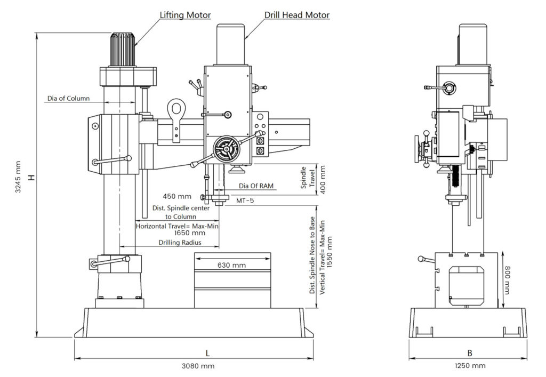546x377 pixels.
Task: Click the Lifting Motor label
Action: click(x=185, y=15)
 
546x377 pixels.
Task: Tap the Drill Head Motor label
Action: click(x=297, y=15)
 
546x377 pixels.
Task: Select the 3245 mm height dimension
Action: click(x=18, y=177)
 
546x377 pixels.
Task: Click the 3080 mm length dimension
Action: click(x=198, y=366)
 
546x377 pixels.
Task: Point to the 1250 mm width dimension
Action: click(x=470, y=365)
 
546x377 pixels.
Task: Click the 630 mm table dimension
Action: click(x=231, y=265)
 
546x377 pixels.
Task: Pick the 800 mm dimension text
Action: click(x=507, y=280)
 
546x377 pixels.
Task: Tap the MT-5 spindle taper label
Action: click(x=245, y=200)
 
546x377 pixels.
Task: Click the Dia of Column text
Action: click(x=69, y=98)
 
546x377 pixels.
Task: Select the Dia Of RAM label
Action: click(x=256, y=186)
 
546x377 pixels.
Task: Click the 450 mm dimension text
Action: click(x=177, y=197)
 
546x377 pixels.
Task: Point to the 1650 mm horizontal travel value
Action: click(x=190, y=232)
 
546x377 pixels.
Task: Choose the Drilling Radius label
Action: click(x=180, y=242)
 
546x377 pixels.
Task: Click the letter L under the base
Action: click(x=207, y=354)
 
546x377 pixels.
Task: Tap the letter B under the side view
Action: click(x=470, y=353)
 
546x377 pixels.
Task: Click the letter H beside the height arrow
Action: click(x=31, y=177)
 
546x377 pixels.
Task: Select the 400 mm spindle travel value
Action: click(x=323, y=180)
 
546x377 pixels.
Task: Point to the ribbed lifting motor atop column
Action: click(x=123, y=50)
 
